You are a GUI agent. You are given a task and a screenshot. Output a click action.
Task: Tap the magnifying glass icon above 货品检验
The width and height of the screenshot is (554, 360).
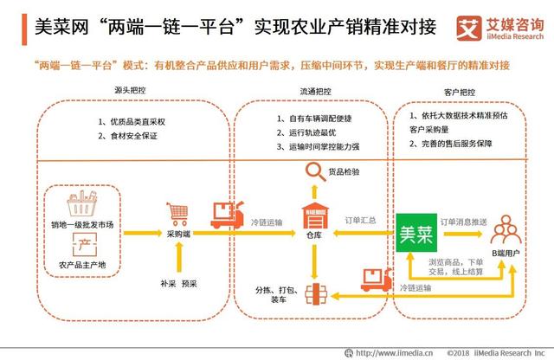pos(312,174)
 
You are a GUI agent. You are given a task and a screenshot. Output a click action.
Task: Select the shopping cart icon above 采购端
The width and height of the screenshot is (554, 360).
pos(177,212)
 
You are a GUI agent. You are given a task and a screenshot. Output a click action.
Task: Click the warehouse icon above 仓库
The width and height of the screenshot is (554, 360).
pos(312,215)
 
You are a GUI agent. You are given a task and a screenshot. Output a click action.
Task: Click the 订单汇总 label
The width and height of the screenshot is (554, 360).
pos(360,221)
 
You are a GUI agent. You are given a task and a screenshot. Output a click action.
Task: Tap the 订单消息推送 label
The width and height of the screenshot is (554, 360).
pos(461,221)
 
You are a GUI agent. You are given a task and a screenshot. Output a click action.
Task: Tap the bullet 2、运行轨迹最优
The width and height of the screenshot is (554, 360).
pos(305,132)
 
